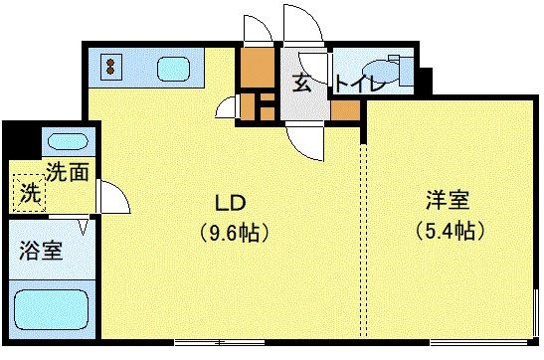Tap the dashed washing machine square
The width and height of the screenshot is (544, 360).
(30, 192)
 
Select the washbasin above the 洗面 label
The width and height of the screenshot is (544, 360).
(66, 140)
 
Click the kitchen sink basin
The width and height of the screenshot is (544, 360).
(177, 70)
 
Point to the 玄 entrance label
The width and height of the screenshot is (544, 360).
(300, 83)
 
